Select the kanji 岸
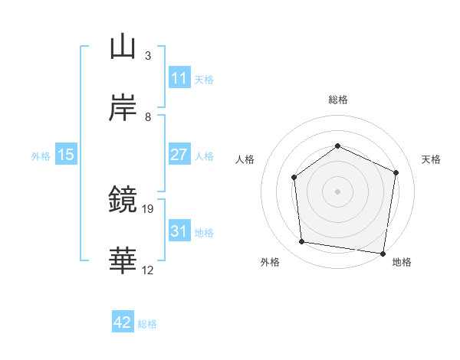tap(123, 107)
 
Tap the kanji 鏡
tap(123, 200)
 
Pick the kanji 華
tap(123, 261)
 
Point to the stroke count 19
tap(149, 208)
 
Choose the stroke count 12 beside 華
tap(148, 270)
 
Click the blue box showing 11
tap(179, 78)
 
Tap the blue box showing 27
tap(179, 154)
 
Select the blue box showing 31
tap(179, 231)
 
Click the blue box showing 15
tap(66, 155)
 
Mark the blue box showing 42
tap(123, 322)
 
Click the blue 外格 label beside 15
tap(41, 155)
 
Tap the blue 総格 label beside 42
tap(147, 324)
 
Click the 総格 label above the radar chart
tap(337, 100)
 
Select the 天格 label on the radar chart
tap(432, 159)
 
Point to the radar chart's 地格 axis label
tap(402, 263)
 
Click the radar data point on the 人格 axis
tap(294, 178)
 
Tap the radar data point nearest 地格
tap(383, 253)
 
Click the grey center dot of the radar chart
tap(337, 191)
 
